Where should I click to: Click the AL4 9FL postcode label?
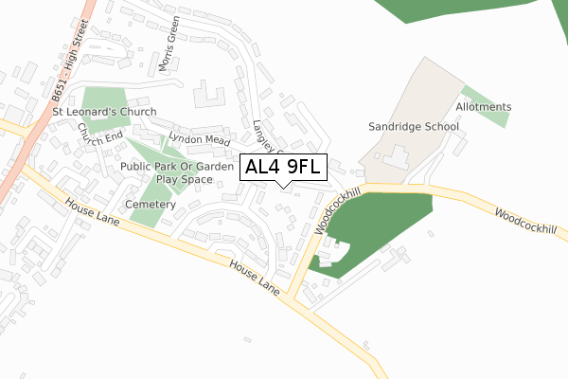click(x=284, y=168)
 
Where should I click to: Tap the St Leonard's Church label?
click(x=104, y=112)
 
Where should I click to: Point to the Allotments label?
click(x=483, y=107)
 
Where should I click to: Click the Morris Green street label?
click(x=168, y=48)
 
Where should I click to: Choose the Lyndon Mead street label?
click(x=199, y=139)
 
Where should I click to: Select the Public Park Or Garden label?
click(x=177, y=167)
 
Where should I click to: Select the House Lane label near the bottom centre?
click(x=255, y=277)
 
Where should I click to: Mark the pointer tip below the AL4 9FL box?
click(x=284, y=186)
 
